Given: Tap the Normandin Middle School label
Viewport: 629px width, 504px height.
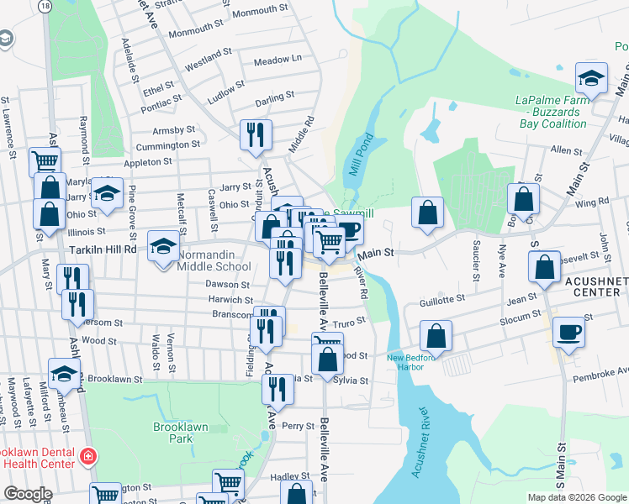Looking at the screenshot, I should click(x=214, y=260).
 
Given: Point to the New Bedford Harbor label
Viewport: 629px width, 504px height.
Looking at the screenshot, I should click(x=414, y=362).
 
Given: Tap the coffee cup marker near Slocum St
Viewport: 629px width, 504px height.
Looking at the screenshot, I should click(x=569, y=333).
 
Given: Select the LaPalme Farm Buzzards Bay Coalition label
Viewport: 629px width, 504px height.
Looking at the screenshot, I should click(x=551, y=112).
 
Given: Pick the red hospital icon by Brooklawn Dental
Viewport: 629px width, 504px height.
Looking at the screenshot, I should click(x=87, y=457).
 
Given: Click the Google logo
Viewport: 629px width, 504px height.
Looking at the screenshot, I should click(x=27, y=494).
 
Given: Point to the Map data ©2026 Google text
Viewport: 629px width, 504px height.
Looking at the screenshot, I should click(x=577, y=497).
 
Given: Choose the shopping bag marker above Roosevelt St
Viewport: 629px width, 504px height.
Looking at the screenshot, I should click(x=545, y=268).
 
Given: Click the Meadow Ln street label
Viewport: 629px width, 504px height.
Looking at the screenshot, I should click(x=277, y=60).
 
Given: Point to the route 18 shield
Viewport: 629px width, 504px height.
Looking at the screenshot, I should click(x=44, y=6).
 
